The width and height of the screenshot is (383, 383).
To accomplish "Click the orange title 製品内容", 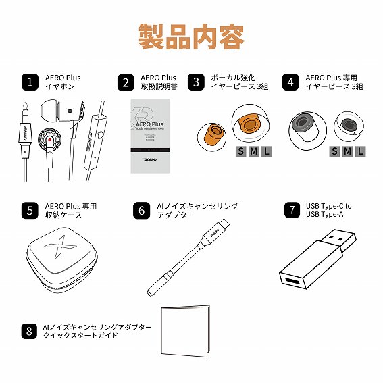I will point(191,36).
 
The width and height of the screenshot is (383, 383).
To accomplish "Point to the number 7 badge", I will point(291,210).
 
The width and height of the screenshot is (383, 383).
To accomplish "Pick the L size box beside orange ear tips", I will point(267,151).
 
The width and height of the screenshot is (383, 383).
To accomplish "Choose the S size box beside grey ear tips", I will point(335,151).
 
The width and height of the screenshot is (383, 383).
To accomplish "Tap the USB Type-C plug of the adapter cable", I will point(226,226).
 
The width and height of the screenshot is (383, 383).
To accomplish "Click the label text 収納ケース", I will point(63,215).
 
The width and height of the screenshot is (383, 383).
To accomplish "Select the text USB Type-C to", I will point(329,206).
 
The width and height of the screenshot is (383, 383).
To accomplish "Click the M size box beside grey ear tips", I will point(348,151).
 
